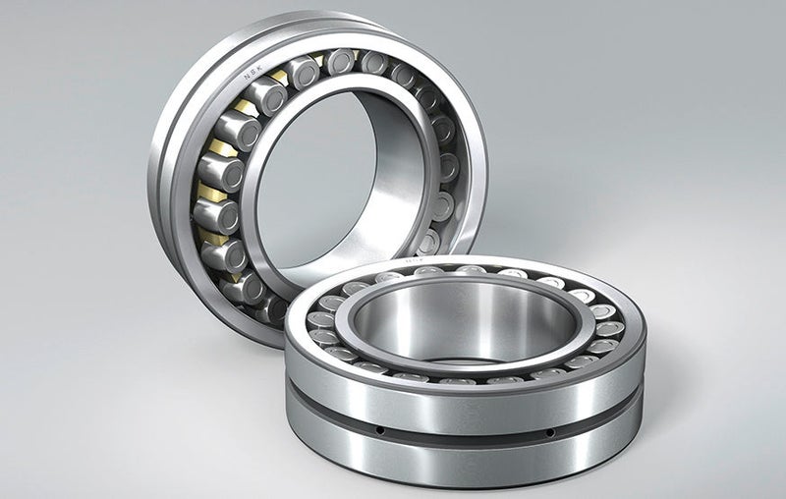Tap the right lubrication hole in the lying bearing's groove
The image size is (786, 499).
pos(549,431)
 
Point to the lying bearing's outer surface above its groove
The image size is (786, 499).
pos(462,403)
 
